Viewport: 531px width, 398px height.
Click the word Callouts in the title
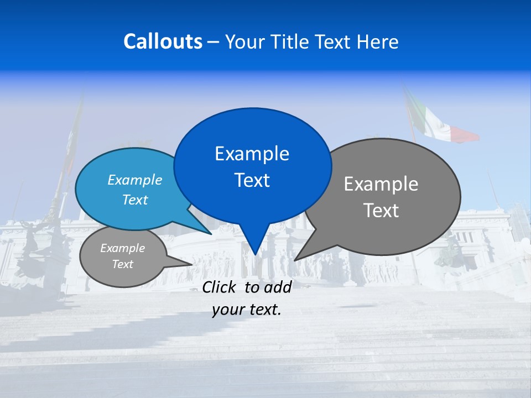coord(163,41)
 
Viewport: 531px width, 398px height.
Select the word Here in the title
coord(378,41)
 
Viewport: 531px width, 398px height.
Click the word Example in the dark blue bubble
coord(252,154)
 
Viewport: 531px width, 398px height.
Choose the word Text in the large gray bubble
coord(381,211)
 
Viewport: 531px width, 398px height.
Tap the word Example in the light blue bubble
coord(135,180)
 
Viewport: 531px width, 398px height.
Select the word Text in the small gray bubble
coord(123,264)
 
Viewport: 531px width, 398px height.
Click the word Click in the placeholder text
coord(220,287)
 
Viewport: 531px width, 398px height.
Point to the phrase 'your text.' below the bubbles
coord(247,310)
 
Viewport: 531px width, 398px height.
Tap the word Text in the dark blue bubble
coord(252,180)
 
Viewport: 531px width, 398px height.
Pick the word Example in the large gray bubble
coord(381,184)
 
